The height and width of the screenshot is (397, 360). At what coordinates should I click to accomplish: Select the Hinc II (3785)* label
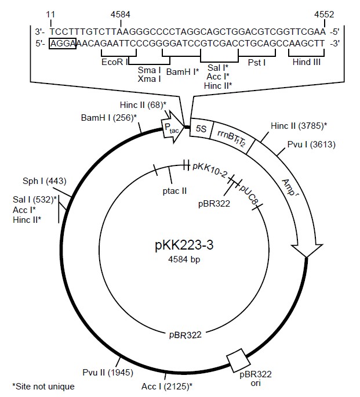299,125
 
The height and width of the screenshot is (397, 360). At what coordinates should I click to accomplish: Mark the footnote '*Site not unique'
41,385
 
